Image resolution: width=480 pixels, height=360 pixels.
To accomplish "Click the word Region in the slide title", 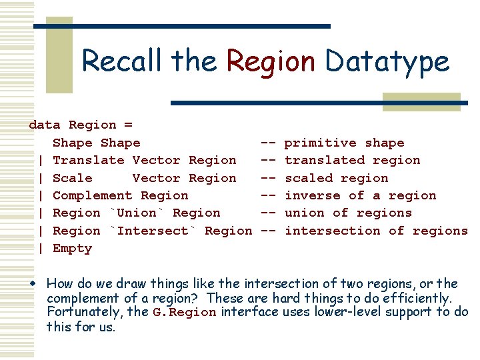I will [x=271, y=61].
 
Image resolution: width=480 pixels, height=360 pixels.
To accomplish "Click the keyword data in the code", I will [x=45, y=125].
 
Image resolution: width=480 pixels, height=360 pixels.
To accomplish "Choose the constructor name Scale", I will [x=72, y=178].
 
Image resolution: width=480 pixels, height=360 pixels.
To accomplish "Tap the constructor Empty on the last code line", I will [x=72, y=248].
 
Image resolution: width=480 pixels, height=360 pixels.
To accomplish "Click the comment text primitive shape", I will [x=344, y=143].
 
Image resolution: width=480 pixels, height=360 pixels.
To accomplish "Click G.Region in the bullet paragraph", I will [x=184, y=312].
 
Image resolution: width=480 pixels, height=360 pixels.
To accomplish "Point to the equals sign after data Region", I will [x=128, y=125].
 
